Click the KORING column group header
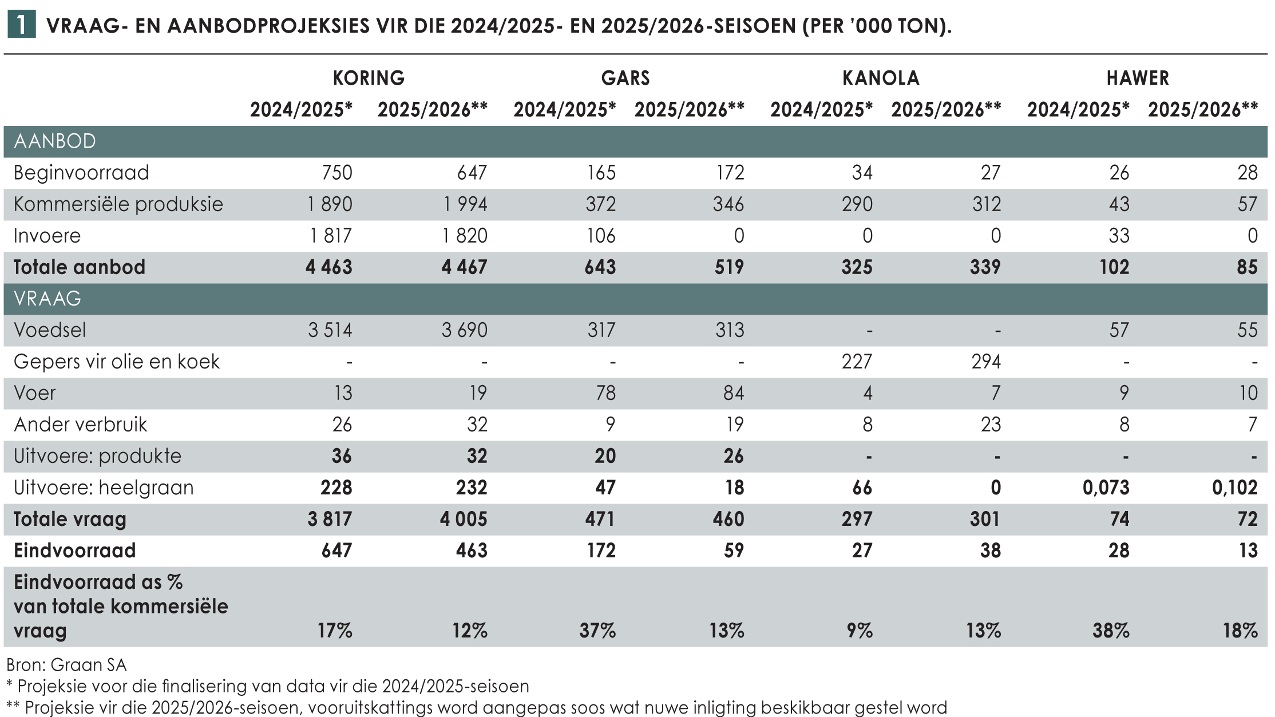coord(369,78)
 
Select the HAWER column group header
coord(1137,78)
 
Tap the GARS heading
coord(625,78)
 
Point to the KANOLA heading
coord(881,78)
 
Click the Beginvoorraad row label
coord(81,172)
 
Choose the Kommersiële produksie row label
coord(118,204)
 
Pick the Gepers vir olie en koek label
coord(116,362)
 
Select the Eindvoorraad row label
coord(74,550)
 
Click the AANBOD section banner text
coord(54,141)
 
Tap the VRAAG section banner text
coord(47,299)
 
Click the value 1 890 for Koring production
coord(330,204)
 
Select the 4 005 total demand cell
coord(464,519)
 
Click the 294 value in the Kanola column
coord(985,362)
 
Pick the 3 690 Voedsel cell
coord(464,330)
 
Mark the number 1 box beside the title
coord(21,25)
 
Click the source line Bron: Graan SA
coord(66,665)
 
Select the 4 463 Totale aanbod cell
coord(328,267)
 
